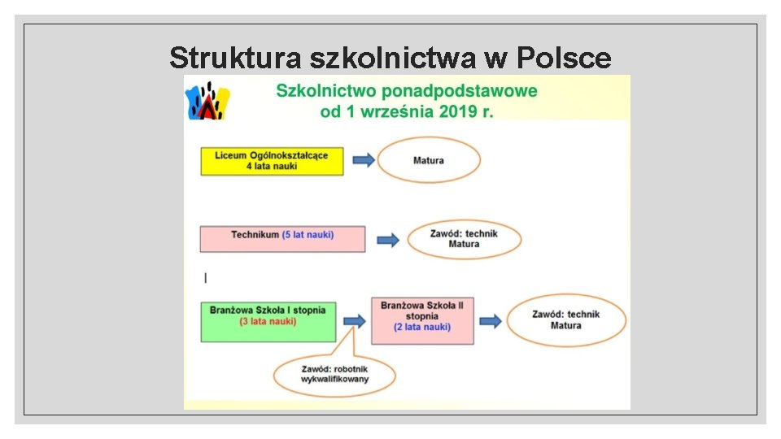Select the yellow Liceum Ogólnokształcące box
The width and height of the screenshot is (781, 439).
click(272, 161)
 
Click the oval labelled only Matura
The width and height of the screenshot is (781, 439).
click(429, 160)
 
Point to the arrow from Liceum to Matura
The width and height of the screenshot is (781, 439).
click(364, 160)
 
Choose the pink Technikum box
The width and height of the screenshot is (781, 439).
click(281, 238)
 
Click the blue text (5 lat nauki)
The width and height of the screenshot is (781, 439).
click(308, 235)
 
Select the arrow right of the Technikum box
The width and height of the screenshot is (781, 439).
click(388, 240)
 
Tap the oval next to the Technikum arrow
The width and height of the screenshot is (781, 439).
click(464, 239)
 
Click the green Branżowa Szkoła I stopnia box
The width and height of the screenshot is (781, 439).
click(268, 321)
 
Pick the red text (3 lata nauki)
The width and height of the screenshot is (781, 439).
click(268, 321)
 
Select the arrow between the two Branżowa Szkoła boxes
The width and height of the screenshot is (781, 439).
click(355, 321)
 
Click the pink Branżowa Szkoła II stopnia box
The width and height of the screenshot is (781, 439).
click(422, 320)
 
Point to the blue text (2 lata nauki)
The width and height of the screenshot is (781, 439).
click(422, 327)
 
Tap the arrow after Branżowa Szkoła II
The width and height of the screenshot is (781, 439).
click(490, 321)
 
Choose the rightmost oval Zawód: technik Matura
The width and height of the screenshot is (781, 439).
click(566, 320)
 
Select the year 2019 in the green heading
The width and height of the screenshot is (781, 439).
click(454, 111)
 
